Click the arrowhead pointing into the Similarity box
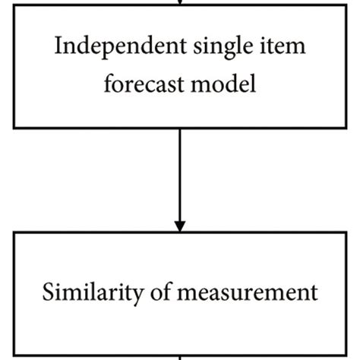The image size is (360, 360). [x=180, y=225]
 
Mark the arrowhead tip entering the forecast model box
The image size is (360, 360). [x=180, y=8]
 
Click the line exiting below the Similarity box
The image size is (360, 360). [x=180, y=358]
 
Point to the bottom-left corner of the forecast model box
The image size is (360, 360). [x=17, y=126]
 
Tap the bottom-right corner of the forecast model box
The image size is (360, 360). [x=343, y=126]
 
